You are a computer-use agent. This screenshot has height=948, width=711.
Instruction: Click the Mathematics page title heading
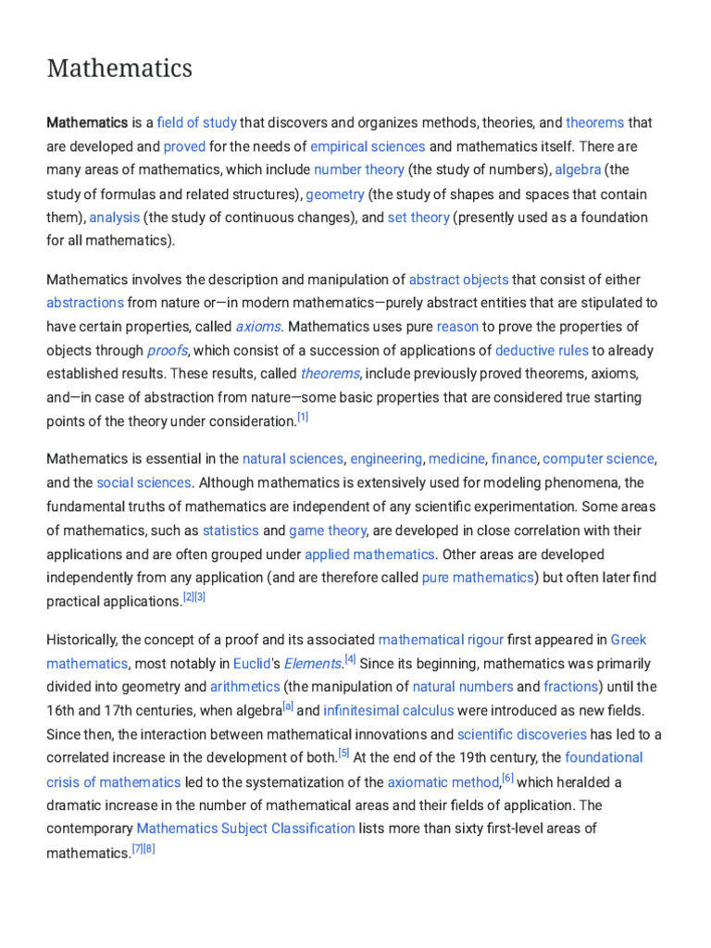click(x=119, y=69)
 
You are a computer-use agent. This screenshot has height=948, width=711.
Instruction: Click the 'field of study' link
click(x=197, y=122)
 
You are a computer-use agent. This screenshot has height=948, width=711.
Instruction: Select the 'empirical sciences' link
click(x=368, y=146)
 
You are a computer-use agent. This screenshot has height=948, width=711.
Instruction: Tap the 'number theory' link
click(x=358, y=169)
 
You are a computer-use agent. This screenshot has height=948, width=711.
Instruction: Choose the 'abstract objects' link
click(x=458, y=280)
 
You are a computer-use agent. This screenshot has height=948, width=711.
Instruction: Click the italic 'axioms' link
click(x=258, y=327)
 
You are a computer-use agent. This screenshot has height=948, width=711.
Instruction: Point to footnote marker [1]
click(x=303, y=418)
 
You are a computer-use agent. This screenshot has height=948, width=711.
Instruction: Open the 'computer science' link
click(x=598, y=459)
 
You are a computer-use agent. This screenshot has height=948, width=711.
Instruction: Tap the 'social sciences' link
click(x=144, y=482)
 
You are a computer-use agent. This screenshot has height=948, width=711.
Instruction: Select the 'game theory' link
click(x=328, y=530)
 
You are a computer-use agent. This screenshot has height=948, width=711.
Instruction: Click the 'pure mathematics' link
click(x=478, y=578)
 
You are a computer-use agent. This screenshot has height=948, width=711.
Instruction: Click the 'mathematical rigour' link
click(x=441, y=640)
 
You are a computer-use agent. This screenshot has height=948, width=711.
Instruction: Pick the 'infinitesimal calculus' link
click(x=388, y=711)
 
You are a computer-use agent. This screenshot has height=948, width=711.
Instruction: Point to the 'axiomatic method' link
click(x=443, y=782)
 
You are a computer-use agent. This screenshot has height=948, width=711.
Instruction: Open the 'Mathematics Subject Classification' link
click(x=245, y=829)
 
